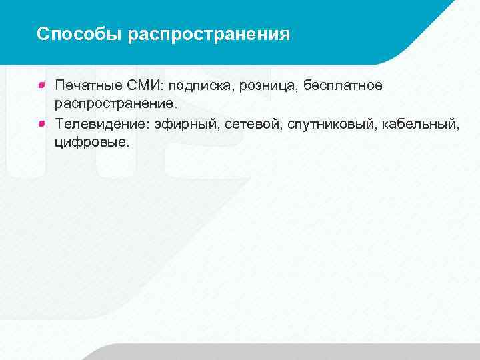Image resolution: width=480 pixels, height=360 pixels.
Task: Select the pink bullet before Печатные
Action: [42, 85]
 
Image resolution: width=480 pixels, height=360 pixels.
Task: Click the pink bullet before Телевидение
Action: [42, 123]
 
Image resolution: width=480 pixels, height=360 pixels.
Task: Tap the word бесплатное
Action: [343, 85]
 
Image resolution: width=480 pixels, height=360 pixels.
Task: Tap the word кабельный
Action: [420, 123]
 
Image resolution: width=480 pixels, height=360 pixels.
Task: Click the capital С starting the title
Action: [43, 34]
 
